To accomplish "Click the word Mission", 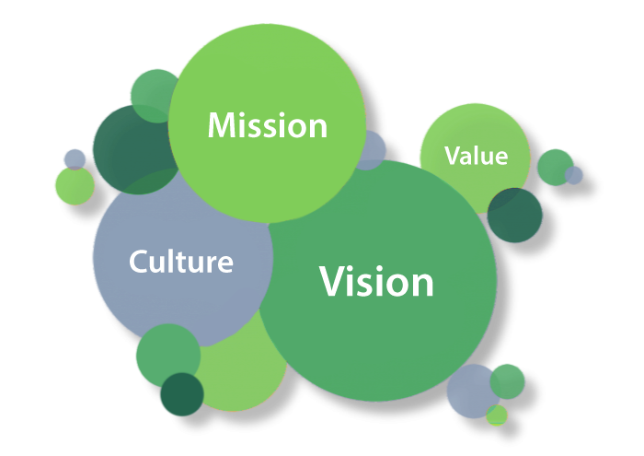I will tap(267, 125).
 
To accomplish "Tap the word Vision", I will tap(376, 281).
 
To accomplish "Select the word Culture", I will tap(181, 262).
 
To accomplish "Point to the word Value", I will tap(476, 156).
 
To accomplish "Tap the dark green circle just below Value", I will tap(515, 216).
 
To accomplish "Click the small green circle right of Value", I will tap(554, 166).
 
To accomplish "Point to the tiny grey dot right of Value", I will tap(574, 175).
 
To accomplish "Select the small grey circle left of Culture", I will tap(75, 158).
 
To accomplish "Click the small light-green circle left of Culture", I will tap(74, 186).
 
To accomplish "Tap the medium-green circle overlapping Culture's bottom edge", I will tap(167, 355).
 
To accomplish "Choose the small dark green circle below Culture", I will tap(181, 395).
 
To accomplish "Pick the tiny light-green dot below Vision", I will tap(497, 415).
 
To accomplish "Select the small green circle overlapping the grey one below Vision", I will tap(507, 380).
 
